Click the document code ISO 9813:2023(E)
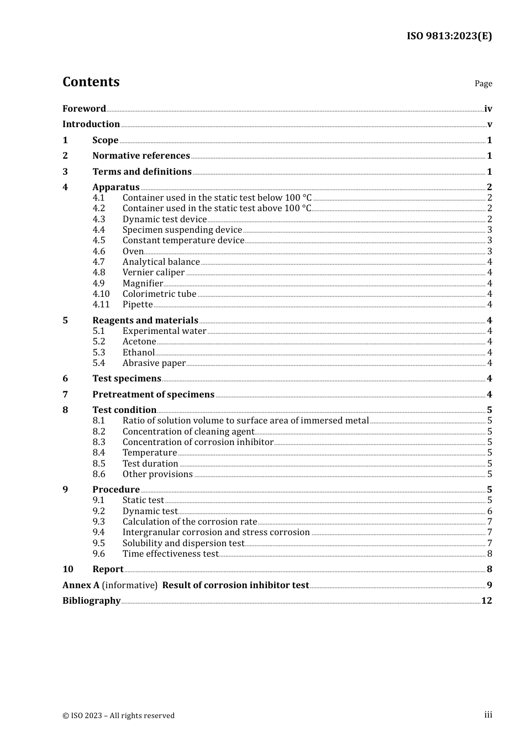pos(449,36)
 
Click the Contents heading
pos(91,82)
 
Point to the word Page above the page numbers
pos(483,83)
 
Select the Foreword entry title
pos(84,108)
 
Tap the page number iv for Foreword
pos(488,109)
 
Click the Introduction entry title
pos(91,124)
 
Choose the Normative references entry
pos(141,156)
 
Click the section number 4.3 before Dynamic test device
pos(99,219)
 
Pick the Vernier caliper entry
pos(154,273)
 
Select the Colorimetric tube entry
pos(159,294)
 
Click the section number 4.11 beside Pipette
pos(101,305)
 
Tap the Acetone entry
pos(139,342)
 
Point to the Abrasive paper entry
pos(154,363)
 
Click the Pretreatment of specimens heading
pos(153,395)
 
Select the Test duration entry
pos(150,464)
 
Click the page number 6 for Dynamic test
pos(490,511)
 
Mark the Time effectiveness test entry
pos(171,554)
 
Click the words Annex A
pos(81,585)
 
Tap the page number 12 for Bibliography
pos(486,601)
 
